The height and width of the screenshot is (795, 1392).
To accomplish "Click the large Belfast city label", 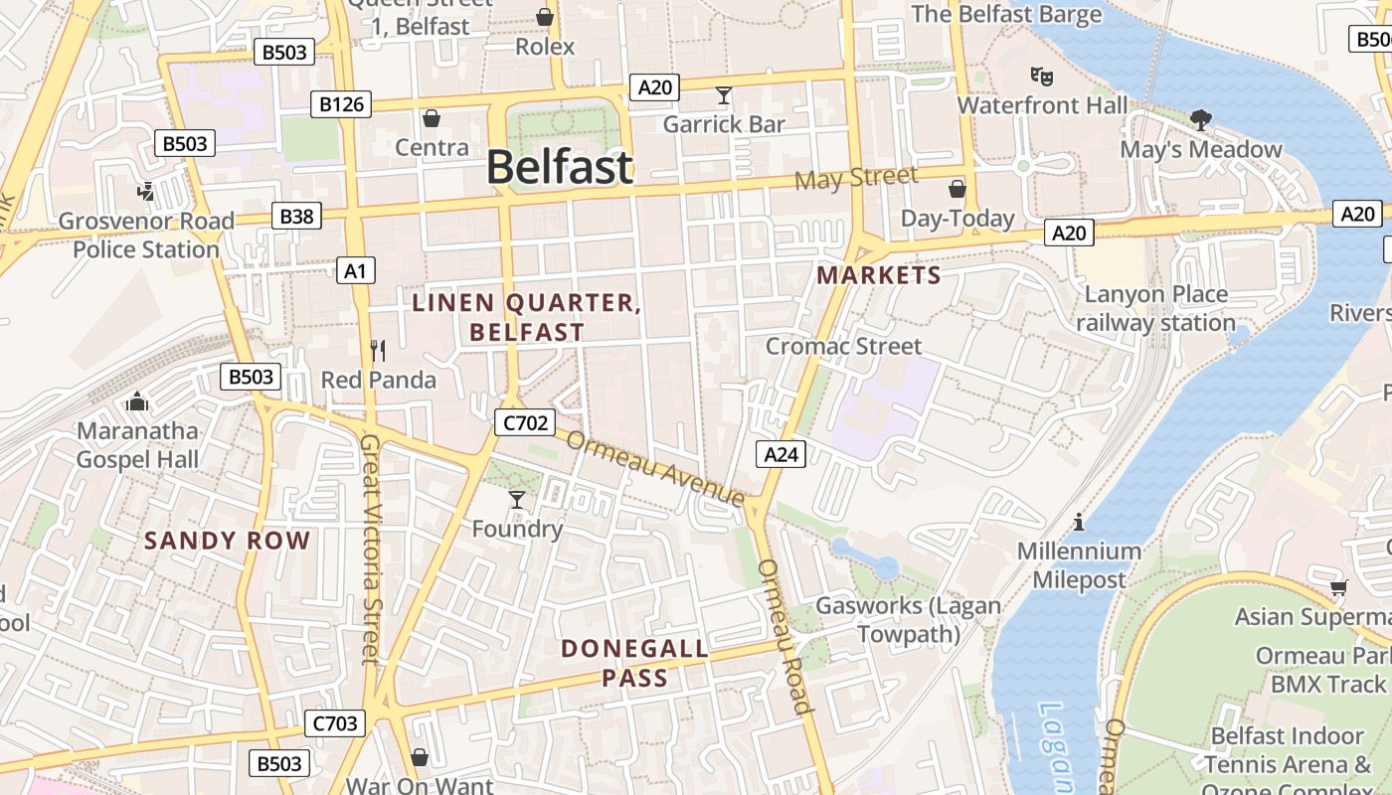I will [559, 167].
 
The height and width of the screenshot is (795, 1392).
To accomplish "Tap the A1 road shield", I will [356, 269].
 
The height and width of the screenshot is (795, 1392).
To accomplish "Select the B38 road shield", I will [296, 216].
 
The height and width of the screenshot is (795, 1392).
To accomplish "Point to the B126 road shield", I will [340, 104].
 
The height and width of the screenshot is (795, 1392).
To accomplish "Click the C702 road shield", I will [524, 422].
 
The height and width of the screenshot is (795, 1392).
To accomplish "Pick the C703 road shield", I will [334, 723].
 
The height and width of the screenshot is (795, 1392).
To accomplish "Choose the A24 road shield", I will [781, 454].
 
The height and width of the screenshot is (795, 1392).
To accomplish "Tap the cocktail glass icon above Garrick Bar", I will [724, 95].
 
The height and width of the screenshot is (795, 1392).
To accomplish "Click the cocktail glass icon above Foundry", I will [517, 499].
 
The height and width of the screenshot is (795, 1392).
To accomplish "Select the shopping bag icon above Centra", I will [432, 119].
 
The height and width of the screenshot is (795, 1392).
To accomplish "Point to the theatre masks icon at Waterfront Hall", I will [1042, 76].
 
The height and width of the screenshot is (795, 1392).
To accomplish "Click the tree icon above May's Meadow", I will [1201, 120].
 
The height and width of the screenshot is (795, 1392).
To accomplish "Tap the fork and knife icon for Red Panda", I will [378, 350].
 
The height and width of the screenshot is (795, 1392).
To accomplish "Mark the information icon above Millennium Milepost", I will [1079, 522].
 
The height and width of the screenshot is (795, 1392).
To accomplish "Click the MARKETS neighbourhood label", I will [879, 275].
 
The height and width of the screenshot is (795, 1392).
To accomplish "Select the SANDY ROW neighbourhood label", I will [228, 541].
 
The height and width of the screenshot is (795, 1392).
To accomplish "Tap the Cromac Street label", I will [843, 346].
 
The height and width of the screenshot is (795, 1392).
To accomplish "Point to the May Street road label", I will [857, 179].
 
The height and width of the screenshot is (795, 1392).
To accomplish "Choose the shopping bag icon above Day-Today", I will [957, 189].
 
